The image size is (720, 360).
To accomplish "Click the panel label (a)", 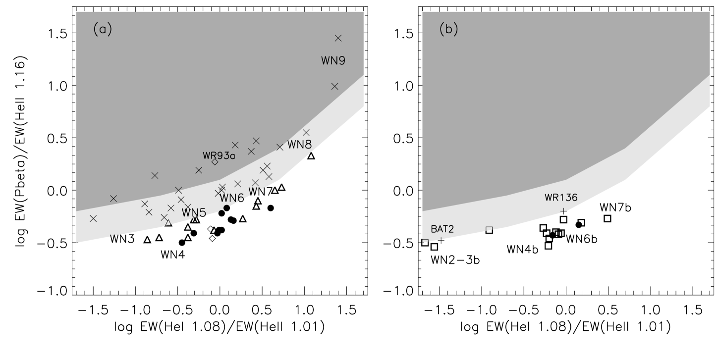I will [103, 30].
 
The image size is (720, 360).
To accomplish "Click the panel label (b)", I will [448, 30].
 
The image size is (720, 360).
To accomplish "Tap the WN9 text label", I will [333, 61].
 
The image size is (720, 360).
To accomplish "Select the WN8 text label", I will [300, 145].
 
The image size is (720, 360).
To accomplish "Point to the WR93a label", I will [219, 155].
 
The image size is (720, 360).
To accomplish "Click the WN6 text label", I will [232, 198].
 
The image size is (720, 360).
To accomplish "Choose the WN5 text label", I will [193, 213].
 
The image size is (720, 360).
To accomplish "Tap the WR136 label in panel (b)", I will [561, 198].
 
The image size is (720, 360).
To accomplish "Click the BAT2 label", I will [442, 229].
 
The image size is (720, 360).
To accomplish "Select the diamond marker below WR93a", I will [215, 162].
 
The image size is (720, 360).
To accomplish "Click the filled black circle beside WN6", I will [226, 208].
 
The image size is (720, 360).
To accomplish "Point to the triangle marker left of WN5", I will [168, 223].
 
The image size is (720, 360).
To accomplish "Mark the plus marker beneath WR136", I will [563, 211].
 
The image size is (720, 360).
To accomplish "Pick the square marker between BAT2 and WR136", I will [489, 229].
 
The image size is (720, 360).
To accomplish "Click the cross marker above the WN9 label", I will [338, 38].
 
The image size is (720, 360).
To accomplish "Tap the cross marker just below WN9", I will [334, 86].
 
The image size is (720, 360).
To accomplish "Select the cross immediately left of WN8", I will [279, 147].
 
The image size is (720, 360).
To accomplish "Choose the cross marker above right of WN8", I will [306, 132].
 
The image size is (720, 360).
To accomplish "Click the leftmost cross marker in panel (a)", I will [93, 218].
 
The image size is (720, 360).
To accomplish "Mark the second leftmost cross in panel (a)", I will [113, 199].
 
